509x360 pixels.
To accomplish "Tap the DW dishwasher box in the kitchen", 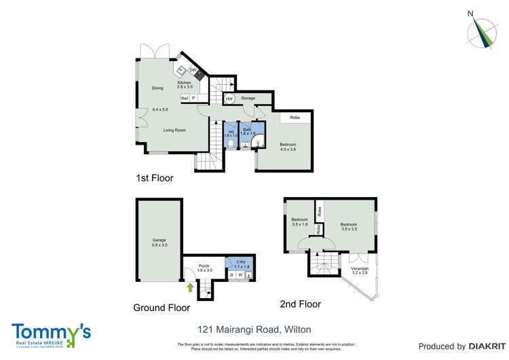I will click(x=193, y=70).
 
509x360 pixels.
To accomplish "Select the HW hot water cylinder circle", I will click(x=229, y=98).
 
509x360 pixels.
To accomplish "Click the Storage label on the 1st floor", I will click(x=248, y=98).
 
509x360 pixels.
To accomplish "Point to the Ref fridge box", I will click(x=184, y=98).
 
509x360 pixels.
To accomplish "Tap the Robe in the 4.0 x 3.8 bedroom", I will click(x=295, y=118).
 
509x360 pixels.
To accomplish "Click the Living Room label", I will click(x=174, y=130).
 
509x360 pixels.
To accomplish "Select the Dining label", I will click(x=157, y=88).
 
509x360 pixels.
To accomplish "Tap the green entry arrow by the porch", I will click(x=190, y=287).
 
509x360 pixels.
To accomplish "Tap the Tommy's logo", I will click(x=52, y=333).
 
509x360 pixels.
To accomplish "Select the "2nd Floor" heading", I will click(x=300, y=304).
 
